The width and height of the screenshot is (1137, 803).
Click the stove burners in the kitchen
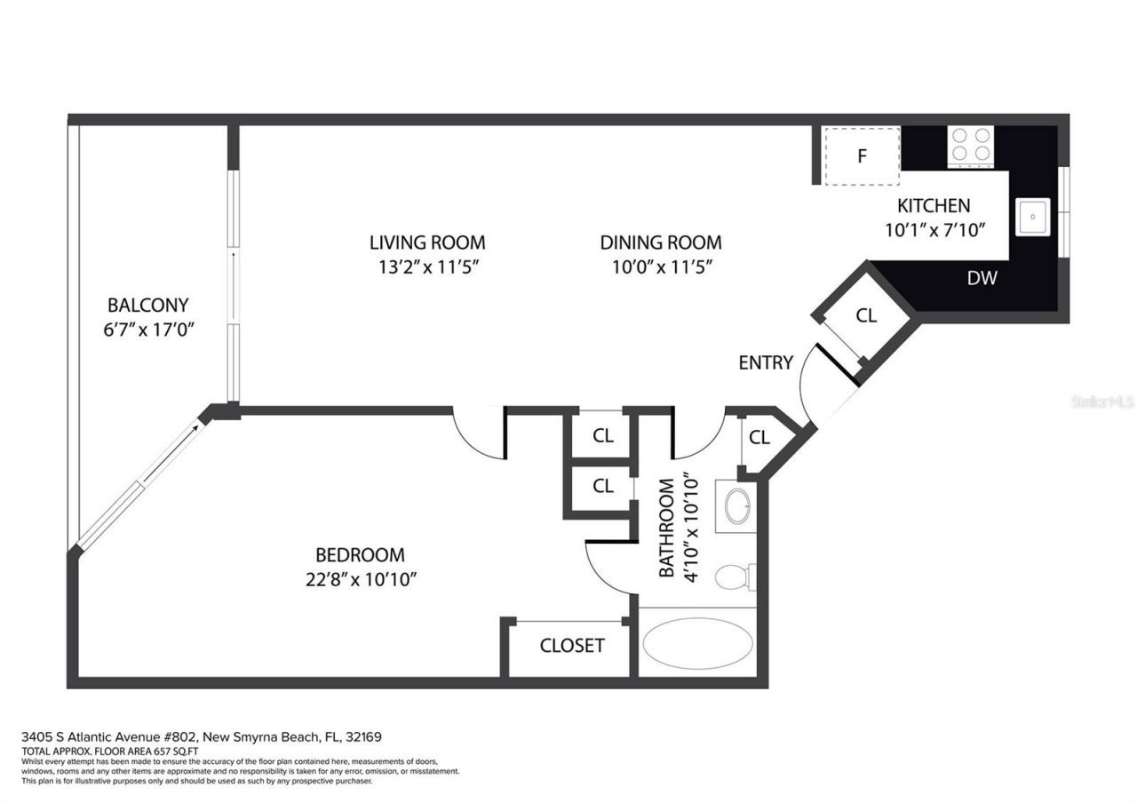[x=970, y=146]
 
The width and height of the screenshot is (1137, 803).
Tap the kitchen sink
[x=1033, y=217]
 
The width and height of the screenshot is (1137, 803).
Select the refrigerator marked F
[x=861, y=156]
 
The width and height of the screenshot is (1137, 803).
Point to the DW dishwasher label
[x=982, y=278]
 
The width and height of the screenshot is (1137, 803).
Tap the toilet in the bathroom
[x=733, y=576]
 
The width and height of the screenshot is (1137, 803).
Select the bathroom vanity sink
[x=736, y=506]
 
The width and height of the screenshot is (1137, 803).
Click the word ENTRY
[x=765, y=362]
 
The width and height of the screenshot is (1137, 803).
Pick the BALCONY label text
[x=147, y=306]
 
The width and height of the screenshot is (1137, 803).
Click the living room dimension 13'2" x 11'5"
[x=427, y=266]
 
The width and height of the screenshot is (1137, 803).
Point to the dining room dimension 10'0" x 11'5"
[x=660, y=266]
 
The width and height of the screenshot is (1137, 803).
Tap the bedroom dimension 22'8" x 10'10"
[x=360, y=579]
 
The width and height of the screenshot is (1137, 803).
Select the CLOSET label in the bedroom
[x=571, y=646]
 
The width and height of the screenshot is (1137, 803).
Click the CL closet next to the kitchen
[x=866, y=315]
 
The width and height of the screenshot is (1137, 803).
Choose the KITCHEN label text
[x=933, y=206]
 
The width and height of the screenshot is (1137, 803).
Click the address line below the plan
[x=202, y=736]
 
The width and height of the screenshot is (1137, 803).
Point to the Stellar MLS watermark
[x=1102, y=401]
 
